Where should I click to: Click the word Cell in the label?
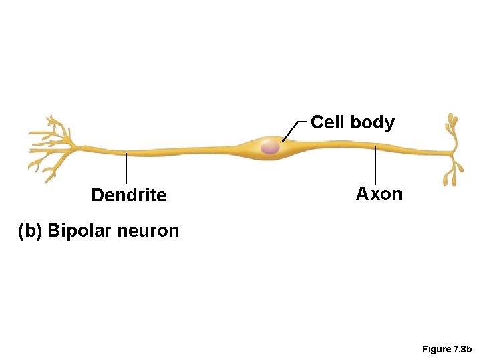coord(328,122)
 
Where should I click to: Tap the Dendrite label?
coord(128,195)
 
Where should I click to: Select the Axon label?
coord(379,194)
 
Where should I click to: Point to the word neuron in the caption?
coord(148,231)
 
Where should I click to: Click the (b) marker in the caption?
coord(30,231)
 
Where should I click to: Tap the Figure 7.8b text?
coord(447,349)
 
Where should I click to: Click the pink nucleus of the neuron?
coord(270,146)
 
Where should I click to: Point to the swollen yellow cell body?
coord(257,148)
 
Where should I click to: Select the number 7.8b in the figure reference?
coord(462,349)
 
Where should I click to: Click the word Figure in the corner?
coord(436,349)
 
